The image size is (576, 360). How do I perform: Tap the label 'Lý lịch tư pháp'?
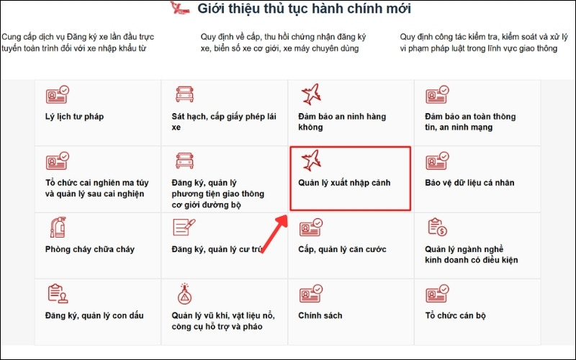(x=74, y=116)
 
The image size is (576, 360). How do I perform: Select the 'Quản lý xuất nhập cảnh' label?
(x=344, y=183)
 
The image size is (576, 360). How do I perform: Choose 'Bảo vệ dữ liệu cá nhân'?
(x=469, y=183)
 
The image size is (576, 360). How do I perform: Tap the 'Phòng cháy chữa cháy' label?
(x=89, y=250)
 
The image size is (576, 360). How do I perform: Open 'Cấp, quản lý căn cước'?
(x=342, y=250)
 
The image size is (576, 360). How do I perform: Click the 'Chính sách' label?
(x=320, y=315)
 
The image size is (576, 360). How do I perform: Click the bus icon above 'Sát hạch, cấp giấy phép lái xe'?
(x=184, y=94)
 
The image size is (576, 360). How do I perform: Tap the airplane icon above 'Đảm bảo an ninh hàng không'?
(x=312, y=94)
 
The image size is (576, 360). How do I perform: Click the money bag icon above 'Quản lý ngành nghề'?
(x=437, y=227)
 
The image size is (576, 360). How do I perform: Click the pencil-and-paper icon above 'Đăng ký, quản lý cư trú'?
(x=184, y=227)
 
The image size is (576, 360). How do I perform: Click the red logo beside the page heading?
(x=178, y=9)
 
